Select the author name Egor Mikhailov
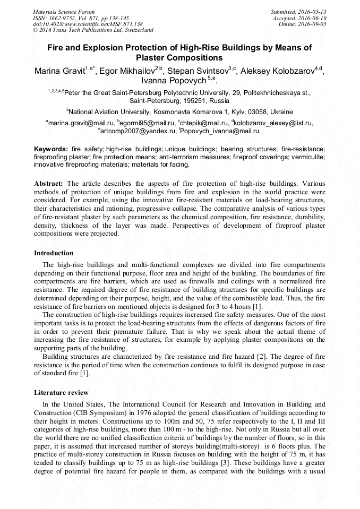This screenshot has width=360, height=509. (127, 71)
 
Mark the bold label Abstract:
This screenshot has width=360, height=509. (49, 184)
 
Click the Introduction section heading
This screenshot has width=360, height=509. (54, 253)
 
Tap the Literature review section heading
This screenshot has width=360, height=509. (61, 392)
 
